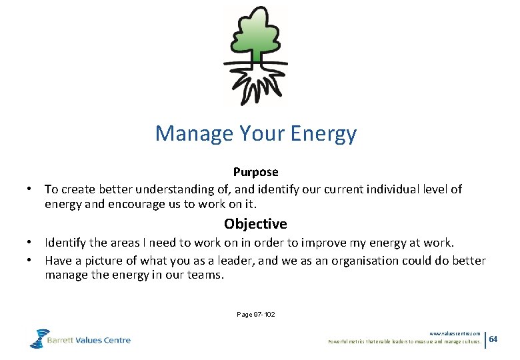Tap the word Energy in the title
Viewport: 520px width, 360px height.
[323, 134]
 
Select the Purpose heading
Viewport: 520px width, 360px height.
[255, 172]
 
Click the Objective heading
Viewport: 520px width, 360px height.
[255, 223]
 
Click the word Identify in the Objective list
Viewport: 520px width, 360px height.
[67, 242]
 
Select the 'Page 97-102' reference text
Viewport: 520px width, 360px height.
[255, 314]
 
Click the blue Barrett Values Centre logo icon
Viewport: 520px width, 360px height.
[39, 338]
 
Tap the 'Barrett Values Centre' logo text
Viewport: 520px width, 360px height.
[89, 340]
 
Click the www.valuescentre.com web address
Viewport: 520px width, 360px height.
[455, 333]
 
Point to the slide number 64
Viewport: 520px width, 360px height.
[493, 339]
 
